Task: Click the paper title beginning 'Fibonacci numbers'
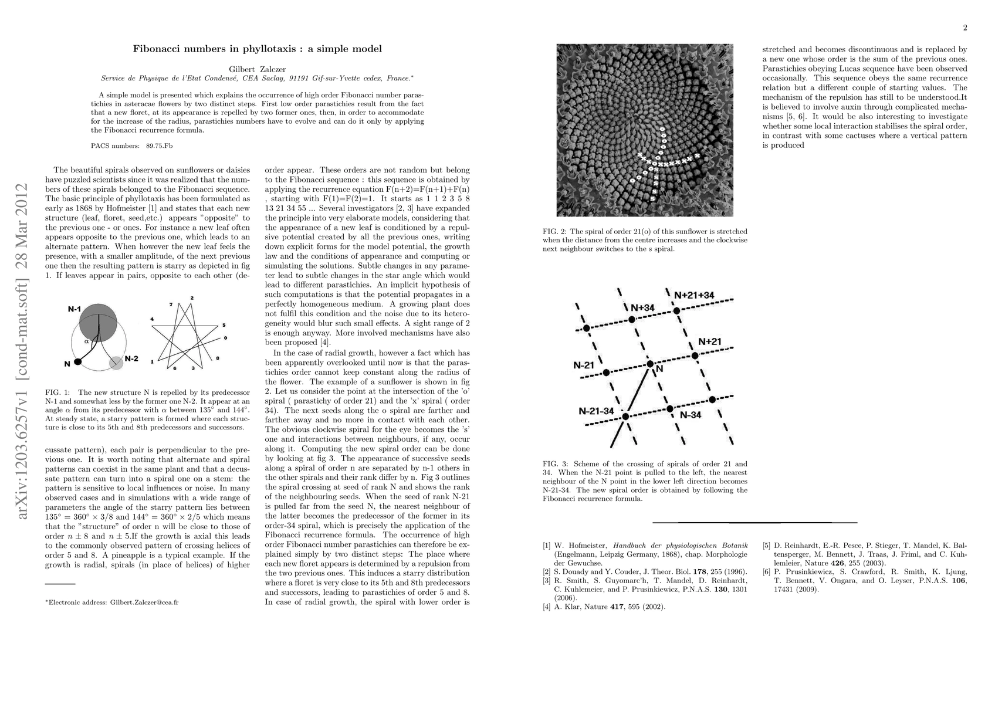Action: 257,49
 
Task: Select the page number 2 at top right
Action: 964,28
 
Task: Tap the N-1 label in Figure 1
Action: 74,309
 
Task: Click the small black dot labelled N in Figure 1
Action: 78,362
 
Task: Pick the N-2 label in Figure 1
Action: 131,358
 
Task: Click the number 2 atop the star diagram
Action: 192,298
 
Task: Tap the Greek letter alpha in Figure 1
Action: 86,340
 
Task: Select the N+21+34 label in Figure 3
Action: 694,295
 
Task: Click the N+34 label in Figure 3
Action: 642,308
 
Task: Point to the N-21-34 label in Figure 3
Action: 596,411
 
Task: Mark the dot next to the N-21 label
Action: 607,373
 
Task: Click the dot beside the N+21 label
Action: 695,356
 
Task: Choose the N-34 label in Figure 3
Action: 691,415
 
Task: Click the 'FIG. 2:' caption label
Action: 556,231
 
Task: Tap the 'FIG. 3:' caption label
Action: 556,463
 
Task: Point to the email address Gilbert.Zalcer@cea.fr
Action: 144,602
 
